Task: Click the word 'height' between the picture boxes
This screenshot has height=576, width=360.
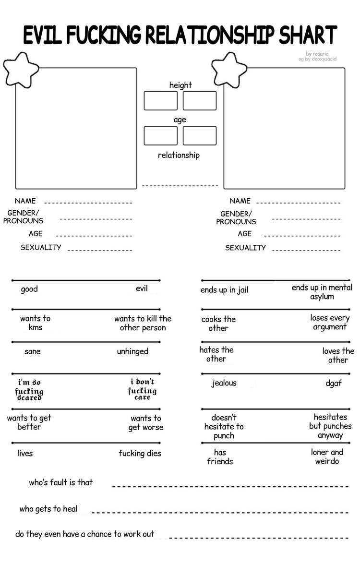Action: (x=180, y=85)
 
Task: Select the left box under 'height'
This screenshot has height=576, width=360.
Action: (x=161, y=101)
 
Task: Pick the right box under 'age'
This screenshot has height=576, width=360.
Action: (x=200, y=135)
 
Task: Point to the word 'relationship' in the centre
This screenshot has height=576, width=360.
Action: (x=179, y=155)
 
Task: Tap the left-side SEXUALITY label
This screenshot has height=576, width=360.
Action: (x=41, y=248)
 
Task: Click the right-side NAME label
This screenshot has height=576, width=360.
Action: (x=240, y=201)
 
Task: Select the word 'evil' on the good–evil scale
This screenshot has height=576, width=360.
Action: (x=142, y=288)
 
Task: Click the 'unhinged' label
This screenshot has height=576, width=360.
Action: (x=132, y=351)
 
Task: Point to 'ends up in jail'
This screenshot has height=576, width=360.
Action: (x=224, y=290)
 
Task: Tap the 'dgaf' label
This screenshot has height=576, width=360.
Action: (x=333, y=384)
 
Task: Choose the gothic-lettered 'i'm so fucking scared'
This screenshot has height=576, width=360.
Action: (x=30, y=389)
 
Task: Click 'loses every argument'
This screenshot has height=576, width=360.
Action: (x=330, y=322)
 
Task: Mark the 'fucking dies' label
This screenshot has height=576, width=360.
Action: (x=140, y=454)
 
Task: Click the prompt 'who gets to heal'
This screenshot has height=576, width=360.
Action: (x=48, y=509)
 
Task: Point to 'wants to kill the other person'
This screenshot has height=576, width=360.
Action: (x=143, y=323)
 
